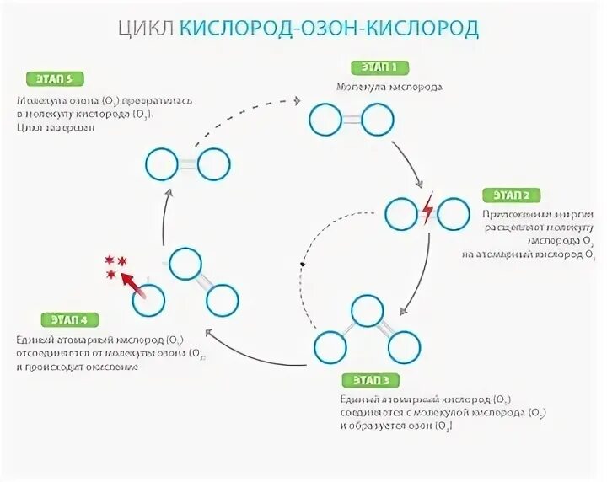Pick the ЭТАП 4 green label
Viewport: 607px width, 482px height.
[70, 319]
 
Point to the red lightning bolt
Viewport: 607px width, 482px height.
[427, 209]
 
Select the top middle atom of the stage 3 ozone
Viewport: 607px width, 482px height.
[368, 310]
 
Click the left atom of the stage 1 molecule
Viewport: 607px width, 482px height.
[325, 121]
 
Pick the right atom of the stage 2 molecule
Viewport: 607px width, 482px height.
[454, 213]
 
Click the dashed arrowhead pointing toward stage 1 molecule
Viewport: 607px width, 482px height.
[297, 100]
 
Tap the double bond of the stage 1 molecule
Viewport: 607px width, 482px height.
[351, 121]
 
